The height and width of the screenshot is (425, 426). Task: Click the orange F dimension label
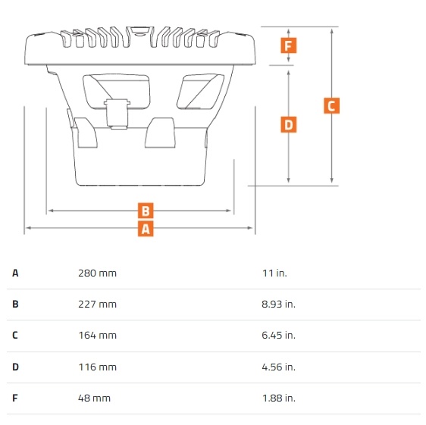coord(289,45)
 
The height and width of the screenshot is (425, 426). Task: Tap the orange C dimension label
coord(331,105)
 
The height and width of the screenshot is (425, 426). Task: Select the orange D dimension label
coord(289,125)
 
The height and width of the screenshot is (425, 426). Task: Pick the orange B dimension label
coord(146,211)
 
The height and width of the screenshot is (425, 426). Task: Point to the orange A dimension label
coord(146,229)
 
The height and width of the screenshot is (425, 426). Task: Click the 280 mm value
coord(97,273)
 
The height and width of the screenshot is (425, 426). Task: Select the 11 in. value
coord(274,273)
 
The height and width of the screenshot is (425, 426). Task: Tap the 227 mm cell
coord(97,304)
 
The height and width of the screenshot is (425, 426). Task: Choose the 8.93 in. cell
coord(278,304)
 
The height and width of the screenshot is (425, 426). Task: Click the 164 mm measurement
coord(98,336)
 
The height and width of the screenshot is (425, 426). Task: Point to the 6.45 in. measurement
coord(278,336)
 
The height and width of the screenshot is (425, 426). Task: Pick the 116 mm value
coord(98,367)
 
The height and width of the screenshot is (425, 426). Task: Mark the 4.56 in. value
coord(278,367)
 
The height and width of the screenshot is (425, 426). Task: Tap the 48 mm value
coord(94,398)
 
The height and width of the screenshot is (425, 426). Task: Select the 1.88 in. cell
coord(279,398)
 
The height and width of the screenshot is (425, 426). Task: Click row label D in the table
coord(15,367)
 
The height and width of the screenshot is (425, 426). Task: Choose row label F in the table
coord(15,398)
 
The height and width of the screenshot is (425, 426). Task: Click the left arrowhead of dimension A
coord(28,228)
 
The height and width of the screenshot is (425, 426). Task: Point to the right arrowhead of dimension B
coord(228,211)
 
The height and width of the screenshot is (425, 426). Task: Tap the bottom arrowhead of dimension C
coord(331,180)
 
